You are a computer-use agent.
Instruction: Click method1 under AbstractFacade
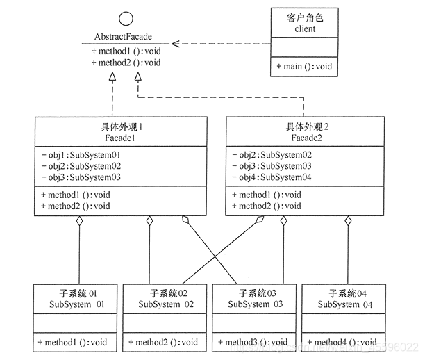126,51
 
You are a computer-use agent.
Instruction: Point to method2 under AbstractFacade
126,63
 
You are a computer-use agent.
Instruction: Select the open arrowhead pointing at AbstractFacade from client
176,44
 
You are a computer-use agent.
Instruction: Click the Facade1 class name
122,138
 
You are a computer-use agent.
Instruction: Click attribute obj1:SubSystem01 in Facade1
81,155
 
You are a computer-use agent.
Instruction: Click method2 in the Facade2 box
267,206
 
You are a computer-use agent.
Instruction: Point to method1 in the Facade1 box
76,195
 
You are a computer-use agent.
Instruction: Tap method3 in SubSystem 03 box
253,342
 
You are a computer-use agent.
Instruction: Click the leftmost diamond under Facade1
80,222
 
